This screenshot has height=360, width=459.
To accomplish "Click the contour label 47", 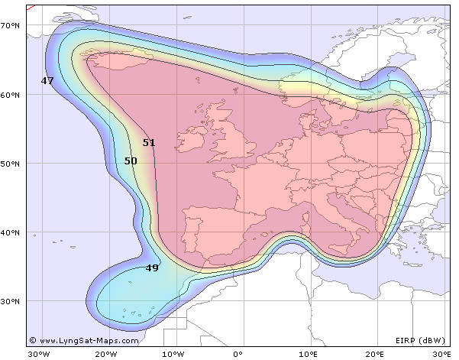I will point(47,80).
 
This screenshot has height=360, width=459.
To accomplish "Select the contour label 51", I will point(149,143).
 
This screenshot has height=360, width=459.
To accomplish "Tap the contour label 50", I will point(131,161).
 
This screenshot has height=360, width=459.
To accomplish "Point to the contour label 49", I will point(152,268).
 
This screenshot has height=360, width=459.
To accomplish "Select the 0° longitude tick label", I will point(238,354).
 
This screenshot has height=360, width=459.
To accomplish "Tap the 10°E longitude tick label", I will point(305,354).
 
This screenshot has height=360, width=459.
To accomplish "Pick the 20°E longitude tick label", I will point(373,354).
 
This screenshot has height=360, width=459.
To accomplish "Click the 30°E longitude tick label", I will point(441,354).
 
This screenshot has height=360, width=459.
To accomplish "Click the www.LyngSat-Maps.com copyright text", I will point(84,341).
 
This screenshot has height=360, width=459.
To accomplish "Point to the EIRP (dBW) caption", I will point(419,341).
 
